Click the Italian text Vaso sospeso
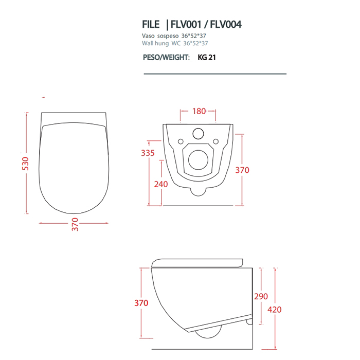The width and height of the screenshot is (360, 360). pyautogui.click(x=160, y=37)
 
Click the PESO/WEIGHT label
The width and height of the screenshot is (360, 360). pyautogui.click(x=166, y=58)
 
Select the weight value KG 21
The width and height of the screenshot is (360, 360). pyautogui.click(x=207, y=58)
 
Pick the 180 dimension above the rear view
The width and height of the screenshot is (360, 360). pyautogui.click(x=199, y=111)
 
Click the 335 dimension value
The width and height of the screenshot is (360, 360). pyautogui.click(x=148, y=153)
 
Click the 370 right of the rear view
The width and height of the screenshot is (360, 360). pyautogui.click(x=242, y=170)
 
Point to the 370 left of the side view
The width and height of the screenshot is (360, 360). pyautogui.click(x=141, y=303)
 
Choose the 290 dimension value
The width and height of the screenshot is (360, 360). pyautogui.click(x=261, y=296)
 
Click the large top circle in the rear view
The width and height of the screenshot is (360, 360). pyautogui.click(x=198, y=134)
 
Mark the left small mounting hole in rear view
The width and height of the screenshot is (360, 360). pyautogui.click(x=180, y=141)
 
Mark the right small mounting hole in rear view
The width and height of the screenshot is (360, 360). pyautogui.click(x=217, y=141)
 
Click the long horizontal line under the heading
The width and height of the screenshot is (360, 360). pyautogui.click(x=214, y=74)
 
